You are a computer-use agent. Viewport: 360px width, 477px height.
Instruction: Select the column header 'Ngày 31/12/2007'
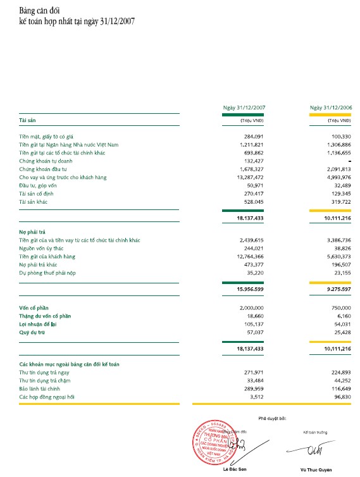[243, 108]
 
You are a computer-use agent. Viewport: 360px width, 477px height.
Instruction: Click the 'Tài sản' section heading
[28, 120]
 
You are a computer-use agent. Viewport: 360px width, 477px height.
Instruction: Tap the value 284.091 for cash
[253, 136]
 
